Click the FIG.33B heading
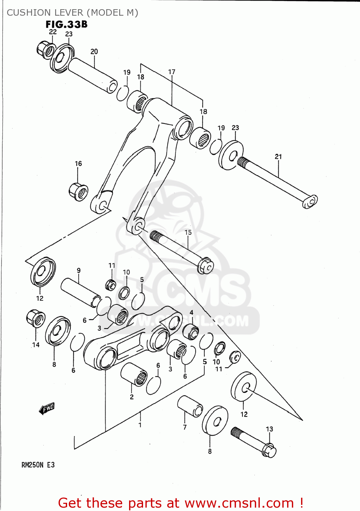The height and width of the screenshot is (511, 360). click(x=66, y=25)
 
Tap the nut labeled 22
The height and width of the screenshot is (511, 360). click(x=45, y=50)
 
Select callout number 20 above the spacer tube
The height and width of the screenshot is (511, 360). click(x=94, y=51)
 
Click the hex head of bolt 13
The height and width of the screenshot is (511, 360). click(x=269, y=451)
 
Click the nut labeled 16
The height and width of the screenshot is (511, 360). click(x=79, y=192)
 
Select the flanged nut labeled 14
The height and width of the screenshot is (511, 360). click(x=35, y=318)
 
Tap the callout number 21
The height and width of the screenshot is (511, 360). click(x=278, y=157)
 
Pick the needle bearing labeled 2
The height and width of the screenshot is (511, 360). click(x=134, y=374)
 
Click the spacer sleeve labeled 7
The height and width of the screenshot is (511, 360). click(x=190, y=406)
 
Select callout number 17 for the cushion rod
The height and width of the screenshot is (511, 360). click(x=172, y=72)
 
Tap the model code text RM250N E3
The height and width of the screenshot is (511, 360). click(x=38, y=465)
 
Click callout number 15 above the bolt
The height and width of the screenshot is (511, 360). click(x=188, y=232)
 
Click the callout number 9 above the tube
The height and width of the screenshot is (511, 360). click(x=79, y=270)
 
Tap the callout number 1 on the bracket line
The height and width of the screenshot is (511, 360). click(x=140, y=425)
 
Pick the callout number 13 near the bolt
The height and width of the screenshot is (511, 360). click(x=269, y=429)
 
